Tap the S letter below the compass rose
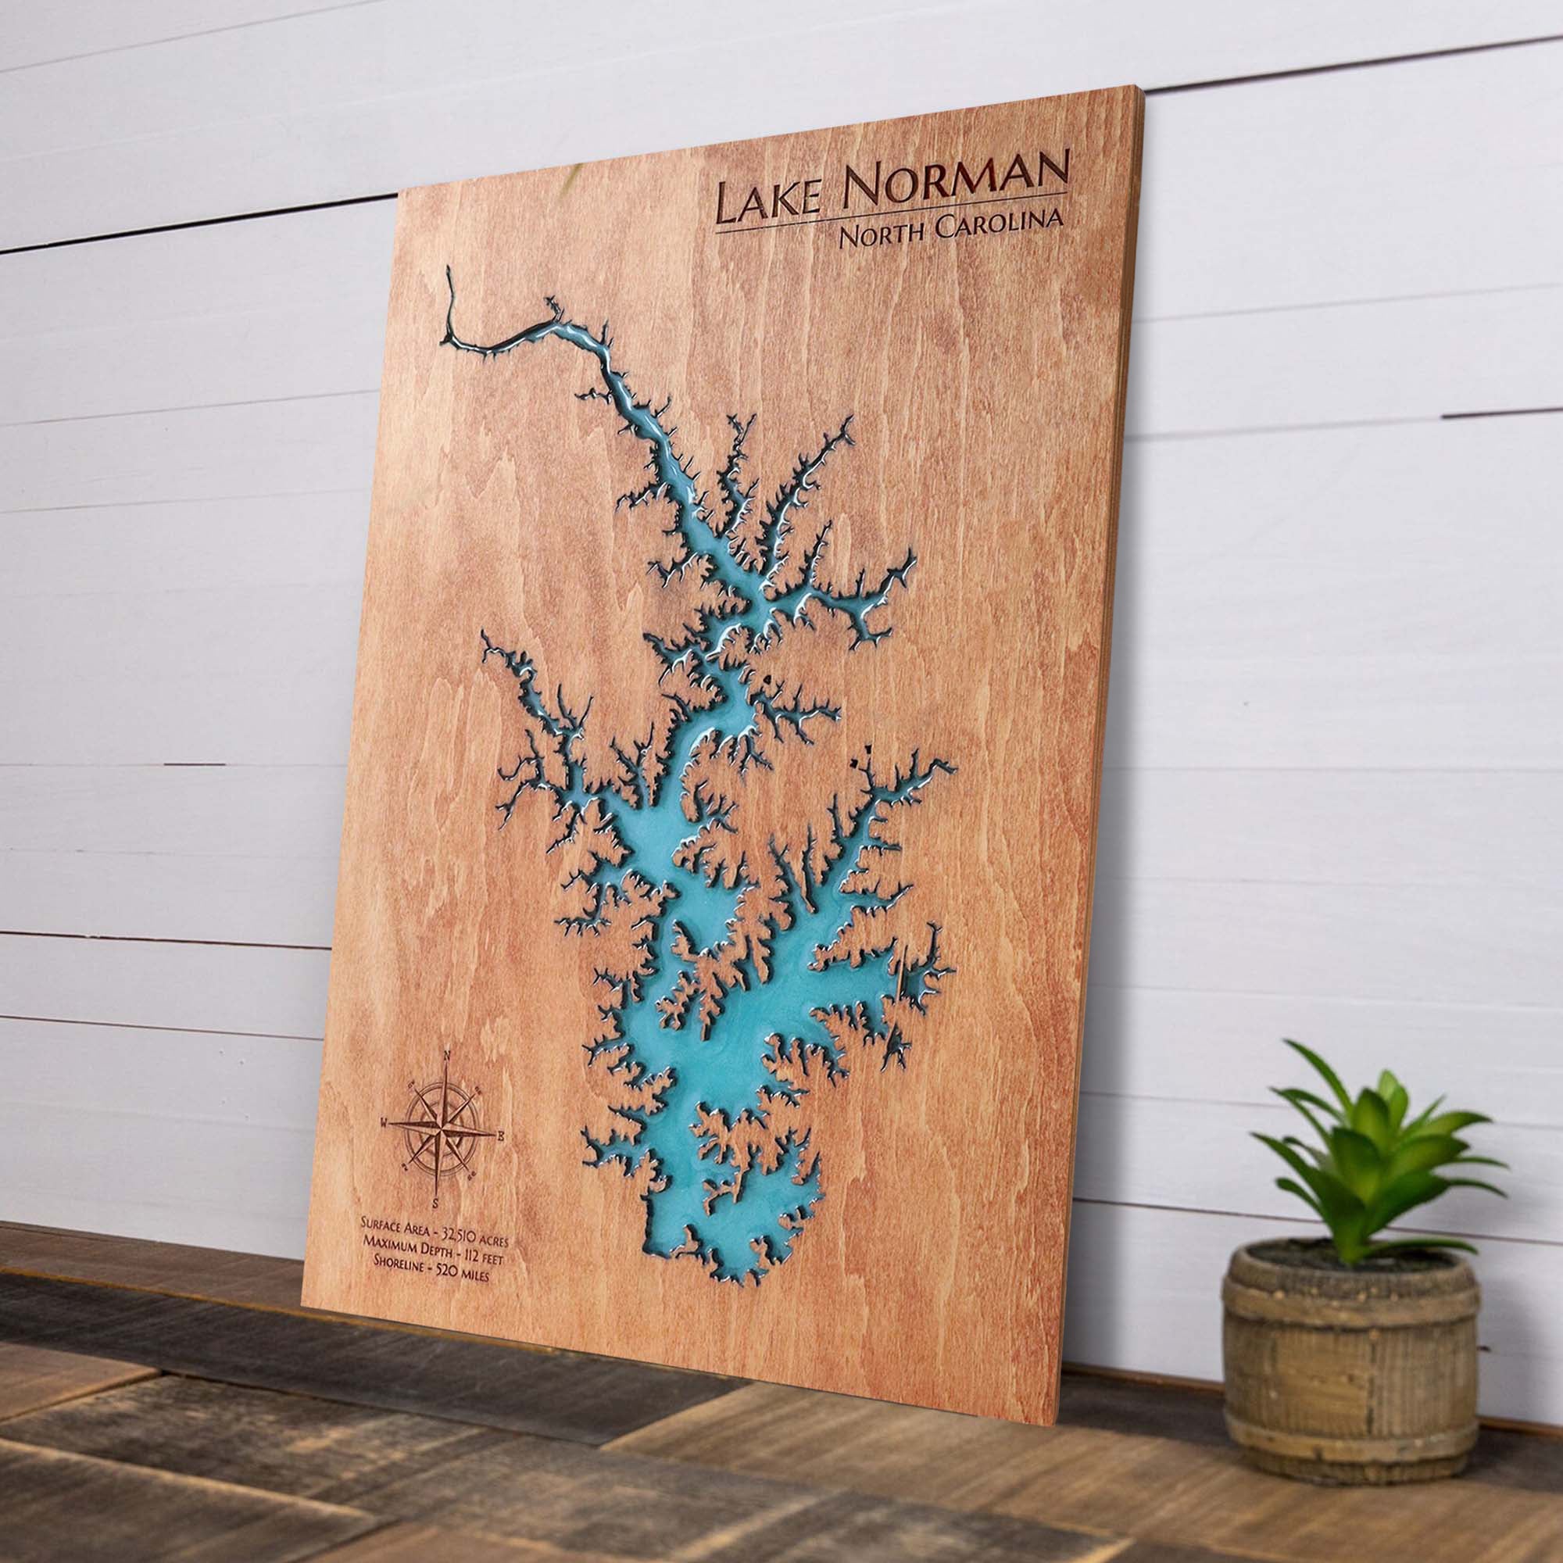point(435,1200)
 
